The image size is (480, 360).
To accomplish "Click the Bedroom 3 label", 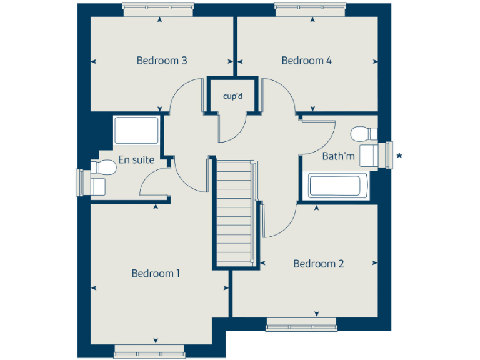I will point(162,61).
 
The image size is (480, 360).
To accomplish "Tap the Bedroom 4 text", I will point(306,61).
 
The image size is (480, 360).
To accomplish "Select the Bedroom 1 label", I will point(156,273).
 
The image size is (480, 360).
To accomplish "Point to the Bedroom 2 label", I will point(319,264).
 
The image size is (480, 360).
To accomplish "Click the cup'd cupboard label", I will point(232,96).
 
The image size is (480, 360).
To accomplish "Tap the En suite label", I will point(136,159).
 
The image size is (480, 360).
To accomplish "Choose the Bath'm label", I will point(338,156).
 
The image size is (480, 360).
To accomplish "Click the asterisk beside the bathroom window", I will point(400,155).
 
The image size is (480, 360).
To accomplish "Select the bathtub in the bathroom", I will point(334,186).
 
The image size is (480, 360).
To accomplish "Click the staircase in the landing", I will point(234,212).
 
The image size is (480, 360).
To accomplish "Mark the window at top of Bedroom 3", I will point(159,9).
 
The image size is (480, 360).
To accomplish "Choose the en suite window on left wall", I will point(80,182).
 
